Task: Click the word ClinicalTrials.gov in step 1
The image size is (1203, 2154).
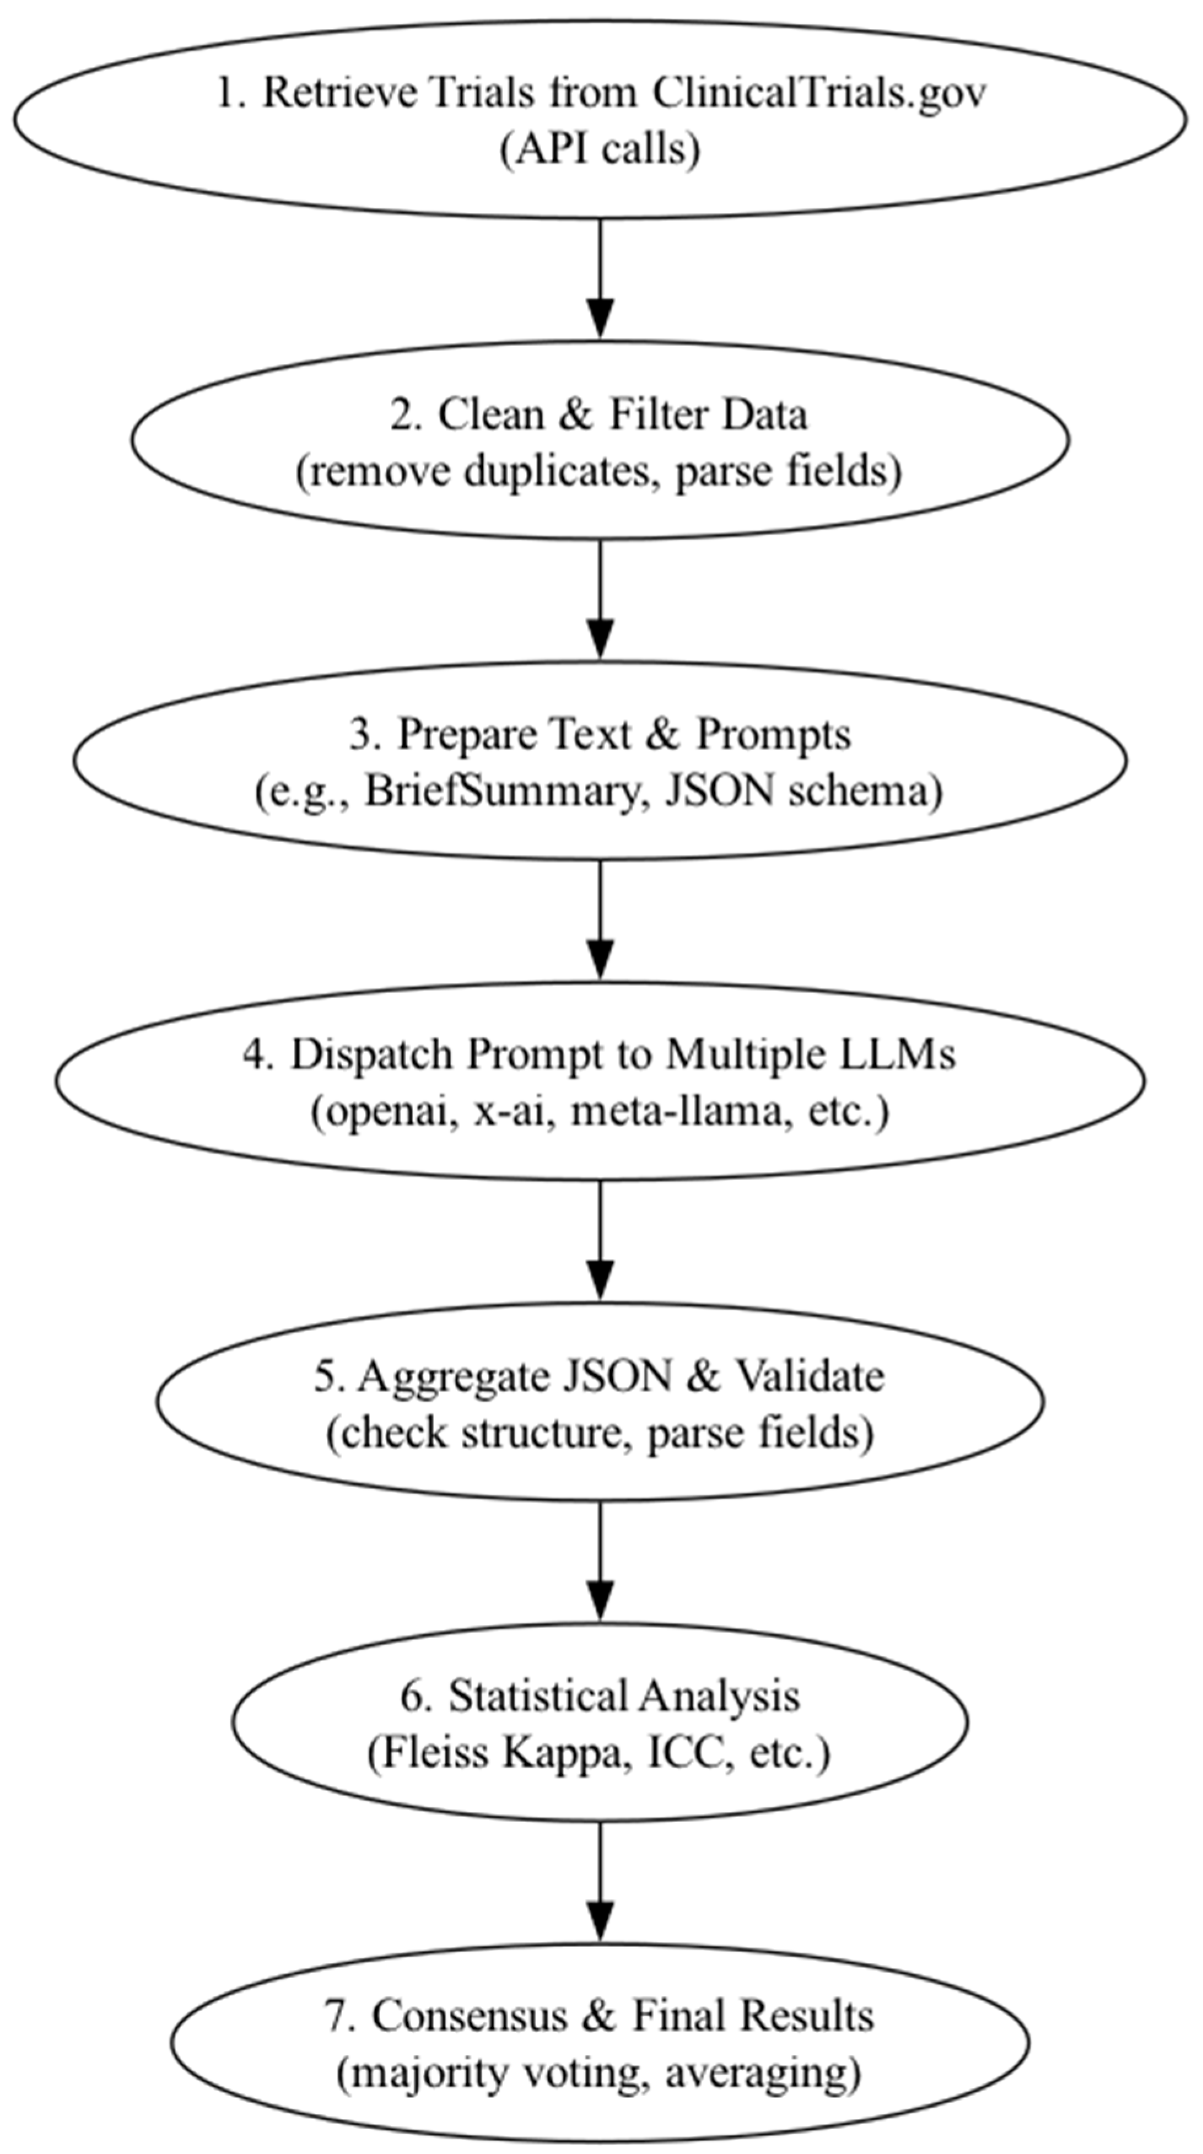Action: [x=818, y=92]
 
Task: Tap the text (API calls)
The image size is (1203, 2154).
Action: [x=600, y=150]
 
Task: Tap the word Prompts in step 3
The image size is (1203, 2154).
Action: [x=773, y=734]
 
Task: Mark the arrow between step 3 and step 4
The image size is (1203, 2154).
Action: [x=600, y=920]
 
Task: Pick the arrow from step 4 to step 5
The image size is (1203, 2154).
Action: [x=600, y=1241]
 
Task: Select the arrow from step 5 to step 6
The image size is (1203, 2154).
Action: [x=600, y=1561]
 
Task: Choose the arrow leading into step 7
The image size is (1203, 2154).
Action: [x=600, y=1881]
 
